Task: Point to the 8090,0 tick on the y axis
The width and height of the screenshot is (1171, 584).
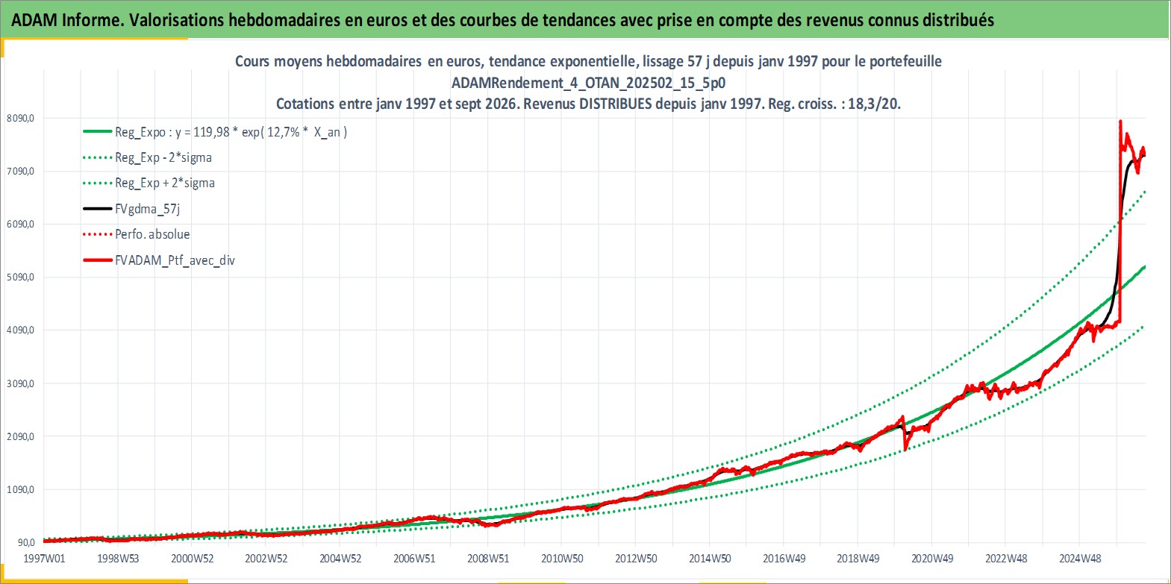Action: coord(21,118)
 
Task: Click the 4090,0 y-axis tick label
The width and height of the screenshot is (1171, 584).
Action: coord(21,330)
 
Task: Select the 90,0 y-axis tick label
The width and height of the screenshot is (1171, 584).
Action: coord(27,542)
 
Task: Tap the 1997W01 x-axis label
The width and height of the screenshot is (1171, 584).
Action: coord(45,559)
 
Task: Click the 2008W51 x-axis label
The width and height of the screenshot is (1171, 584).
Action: coord(488,559)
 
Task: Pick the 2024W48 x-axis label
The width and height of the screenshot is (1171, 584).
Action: coord(1080,559)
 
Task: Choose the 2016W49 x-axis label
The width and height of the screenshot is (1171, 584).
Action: coord(784,559)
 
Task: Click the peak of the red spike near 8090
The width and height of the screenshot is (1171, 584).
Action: coord(1120,121)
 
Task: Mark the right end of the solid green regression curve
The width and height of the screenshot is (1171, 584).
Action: coord(1146,267)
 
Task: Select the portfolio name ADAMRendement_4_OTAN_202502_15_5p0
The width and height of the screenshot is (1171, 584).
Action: coord(589,83)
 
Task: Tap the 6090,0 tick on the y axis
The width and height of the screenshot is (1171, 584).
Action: coord(21,224)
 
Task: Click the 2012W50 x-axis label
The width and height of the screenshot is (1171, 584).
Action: coord(636,559)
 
